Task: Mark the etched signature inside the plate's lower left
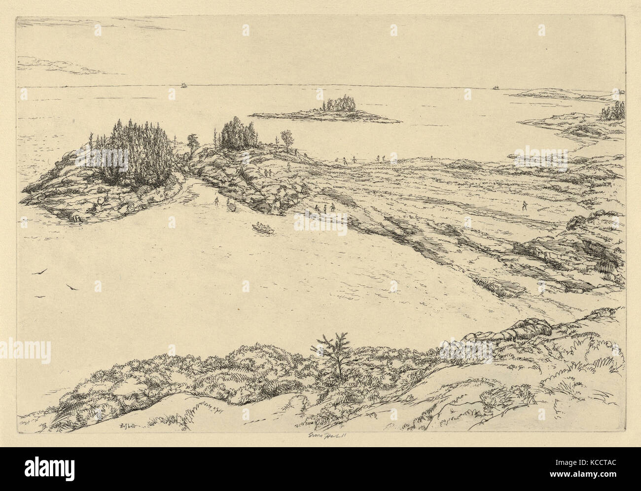coord(128,426)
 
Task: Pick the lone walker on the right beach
coord(524,205)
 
